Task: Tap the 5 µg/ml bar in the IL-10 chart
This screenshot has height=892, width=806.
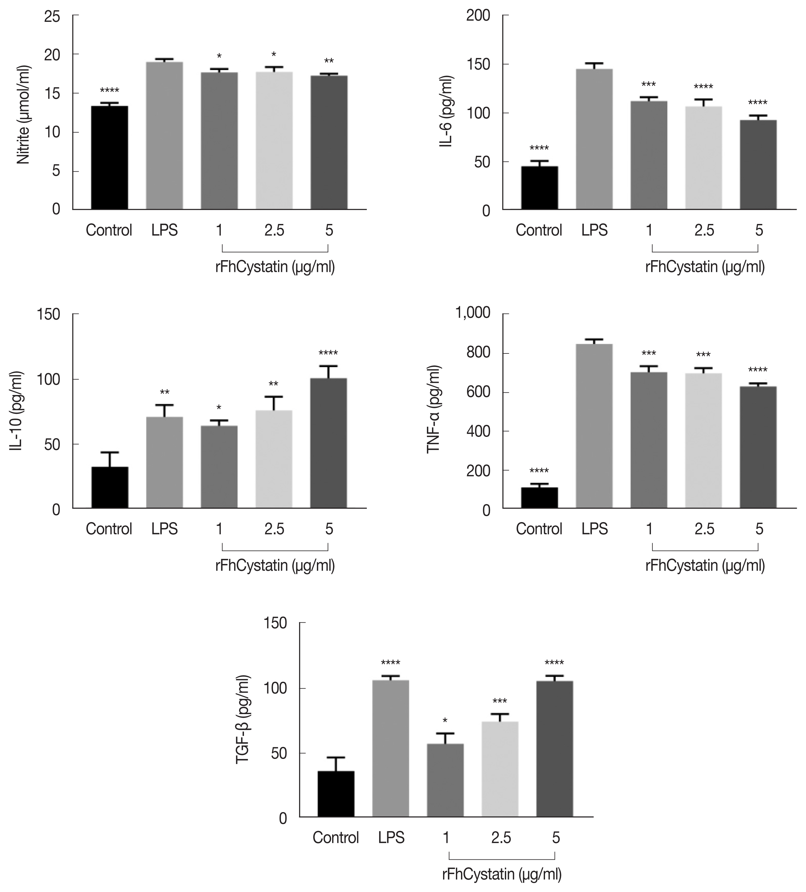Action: coord(328,443)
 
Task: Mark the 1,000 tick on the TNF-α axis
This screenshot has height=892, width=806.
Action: coord(473,313)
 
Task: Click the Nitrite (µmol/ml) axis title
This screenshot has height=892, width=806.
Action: coord(24,115)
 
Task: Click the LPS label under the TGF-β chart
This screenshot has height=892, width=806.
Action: coord(391,838)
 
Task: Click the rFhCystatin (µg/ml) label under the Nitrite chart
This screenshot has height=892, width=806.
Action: coord(275,267)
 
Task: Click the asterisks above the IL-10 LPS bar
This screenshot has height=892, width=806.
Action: coord(164,392)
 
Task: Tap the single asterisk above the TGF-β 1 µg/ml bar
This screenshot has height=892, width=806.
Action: coord(445,720)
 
